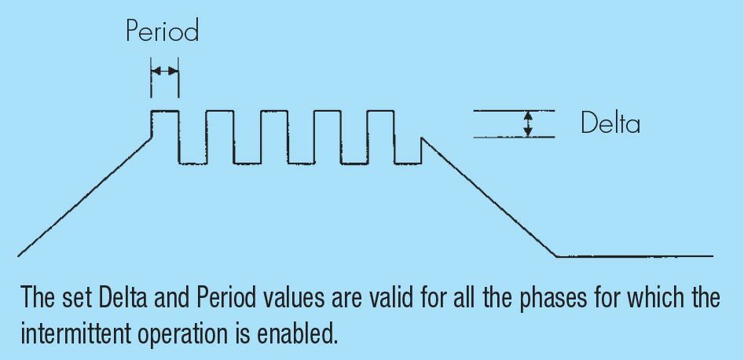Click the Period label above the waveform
[163, 31]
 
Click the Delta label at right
[610, 124]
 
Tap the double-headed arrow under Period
[164, 71]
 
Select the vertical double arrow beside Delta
[529, 123]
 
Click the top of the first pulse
[165, 111]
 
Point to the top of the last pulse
[379, 111]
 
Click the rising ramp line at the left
[82, 197]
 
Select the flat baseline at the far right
[636, 256]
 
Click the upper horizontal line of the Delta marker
[515, 111]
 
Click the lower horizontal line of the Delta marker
[515, 138]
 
